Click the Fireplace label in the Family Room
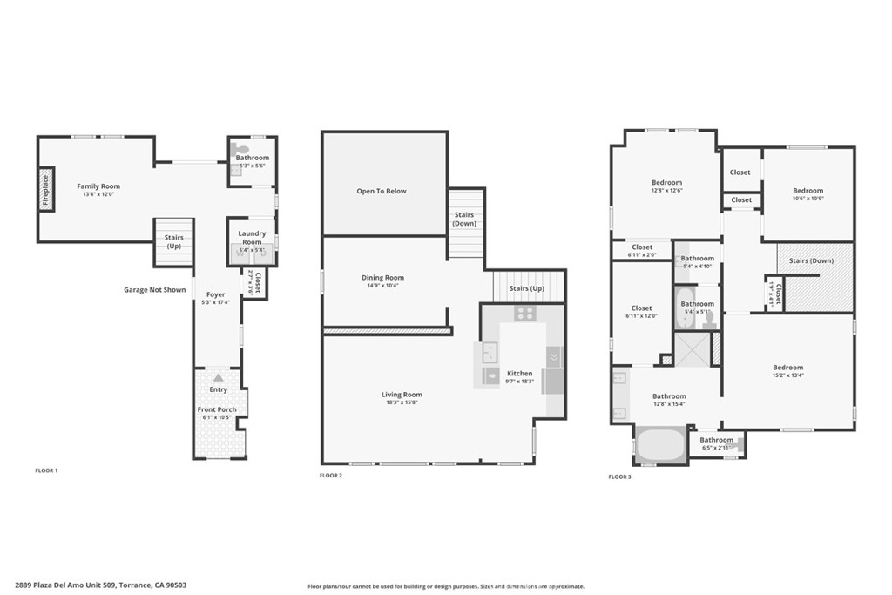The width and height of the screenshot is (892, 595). point(45,190)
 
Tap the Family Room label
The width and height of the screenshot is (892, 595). point(98,186)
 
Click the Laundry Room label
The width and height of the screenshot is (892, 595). point(252,233)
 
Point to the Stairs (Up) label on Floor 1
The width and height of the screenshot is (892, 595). point(173,241)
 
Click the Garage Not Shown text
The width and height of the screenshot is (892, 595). point(154,290)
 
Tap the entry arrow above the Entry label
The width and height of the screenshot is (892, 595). point(218,378)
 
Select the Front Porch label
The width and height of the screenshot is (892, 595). point(217,409)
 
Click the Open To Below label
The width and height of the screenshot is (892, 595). point(382,191)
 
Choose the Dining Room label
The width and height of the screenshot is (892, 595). point(383,278)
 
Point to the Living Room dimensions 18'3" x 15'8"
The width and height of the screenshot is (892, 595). point(402,402)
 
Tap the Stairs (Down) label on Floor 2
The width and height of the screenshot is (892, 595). point(464,219)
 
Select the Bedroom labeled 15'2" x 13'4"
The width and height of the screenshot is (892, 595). point(787,368)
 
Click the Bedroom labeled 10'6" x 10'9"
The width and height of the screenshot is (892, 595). point(808,191)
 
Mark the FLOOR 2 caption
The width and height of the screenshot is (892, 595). point(331,476)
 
